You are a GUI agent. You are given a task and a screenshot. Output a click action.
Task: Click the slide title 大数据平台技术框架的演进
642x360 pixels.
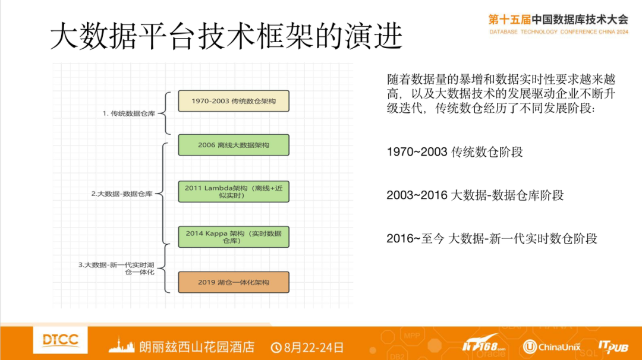coord(226,37)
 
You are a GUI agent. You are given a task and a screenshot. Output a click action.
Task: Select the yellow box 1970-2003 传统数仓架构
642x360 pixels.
coord(234,101)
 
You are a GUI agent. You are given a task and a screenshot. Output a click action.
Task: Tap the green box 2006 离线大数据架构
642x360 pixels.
coord(234,145)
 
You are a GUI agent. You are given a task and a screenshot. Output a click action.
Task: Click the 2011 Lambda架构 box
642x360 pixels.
coord(234,191)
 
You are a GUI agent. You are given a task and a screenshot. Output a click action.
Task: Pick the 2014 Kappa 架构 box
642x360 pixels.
coord(234,236)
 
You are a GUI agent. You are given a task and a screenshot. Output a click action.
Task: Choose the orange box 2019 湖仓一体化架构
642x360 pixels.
coord(234,282)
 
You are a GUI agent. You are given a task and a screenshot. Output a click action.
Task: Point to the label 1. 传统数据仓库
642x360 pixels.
coord(128,113)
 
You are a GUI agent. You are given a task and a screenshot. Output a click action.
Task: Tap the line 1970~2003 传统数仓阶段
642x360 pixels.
coord(455,152)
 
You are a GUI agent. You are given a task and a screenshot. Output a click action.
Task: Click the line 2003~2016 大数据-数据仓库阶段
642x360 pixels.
coord(475,195)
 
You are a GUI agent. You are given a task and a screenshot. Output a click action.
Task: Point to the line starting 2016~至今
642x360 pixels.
coord(492,239)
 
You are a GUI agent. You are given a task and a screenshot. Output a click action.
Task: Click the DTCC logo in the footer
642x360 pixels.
coord(61,340)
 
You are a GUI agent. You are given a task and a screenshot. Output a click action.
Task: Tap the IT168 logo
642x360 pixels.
coord(484,345)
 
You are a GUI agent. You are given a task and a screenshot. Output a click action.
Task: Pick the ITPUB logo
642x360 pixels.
coord(613,346)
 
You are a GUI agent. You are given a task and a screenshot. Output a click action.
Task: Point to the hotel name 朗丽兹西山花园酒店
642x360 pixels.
coord(196,346)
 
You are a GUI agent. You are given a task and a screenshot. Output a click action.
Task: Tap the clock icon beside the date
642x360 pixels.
coord(276,346)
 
